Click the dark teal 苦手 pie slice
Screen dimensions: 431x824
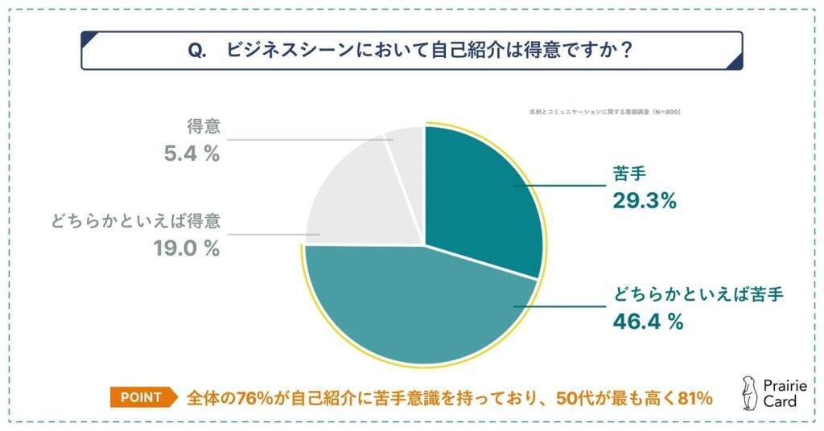(x=483, y=193)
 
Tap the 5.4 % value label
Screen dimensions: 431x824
(x=192, y=154)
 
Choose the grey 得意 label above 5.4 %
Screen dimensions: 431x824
(x=203, y=126)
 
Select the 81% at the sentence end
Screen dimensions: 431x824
(x=694, y=397)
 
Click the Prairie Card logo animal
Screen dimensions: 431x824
(x=748, y=392)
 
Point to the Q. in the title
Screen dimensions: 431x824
(x=198, y=51)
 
